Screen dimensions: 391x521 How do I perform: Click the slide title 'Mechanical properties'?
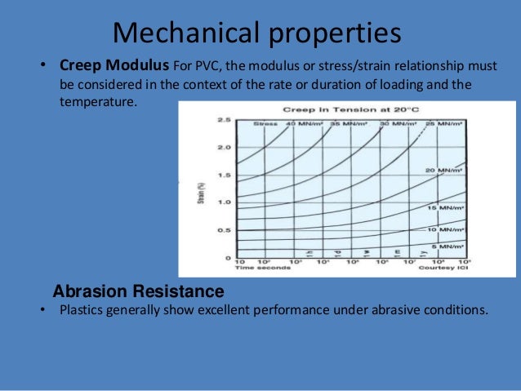coord(256,32)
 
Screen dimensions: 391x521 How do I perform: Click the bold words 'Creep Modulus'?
coord(114,64)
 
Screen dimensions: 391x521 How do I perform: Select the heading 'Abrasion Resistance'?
coord(138,291)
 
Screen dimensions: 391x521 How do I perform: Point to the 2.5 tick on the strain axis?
coord(224,119)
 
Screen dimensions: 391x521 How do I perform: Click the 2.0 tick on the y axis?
coord(224,147)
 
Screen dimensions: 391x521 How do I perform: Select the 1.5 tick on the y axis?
coord(224,175)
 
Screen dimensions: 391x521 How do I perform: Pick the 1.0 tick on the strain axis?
coord(224,202)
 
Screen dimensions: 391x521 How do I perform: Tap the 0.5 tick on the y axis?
coord(224,229)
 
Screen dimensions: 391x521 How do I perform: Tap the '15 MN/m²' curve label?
coord(445,208)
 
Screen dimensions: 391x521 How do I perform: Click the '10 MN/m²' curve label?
coord(445,230)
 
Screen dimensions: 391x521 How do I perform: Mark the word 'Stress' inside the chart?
coord(264,123)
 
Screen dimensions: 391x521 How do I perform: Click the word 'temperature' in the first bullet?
coord(95,100)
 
